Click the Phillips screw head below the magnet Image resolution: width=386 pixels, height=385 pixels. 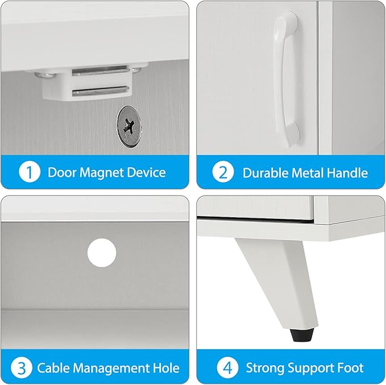[128, 127]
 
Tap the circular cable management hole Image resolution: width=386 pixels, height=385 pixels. [102, 252]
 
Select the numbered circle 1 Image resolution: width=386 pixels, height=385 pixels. [30, 172]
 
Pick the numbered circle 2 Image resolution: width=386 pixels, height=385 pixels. [223, 172]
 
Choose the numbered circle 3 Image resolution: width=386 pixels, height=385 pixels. [22, 367]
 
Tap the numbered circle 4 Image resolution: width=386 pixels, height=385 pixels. [227, 367]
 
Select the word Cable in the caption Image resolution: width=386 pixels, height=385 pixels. [53, 368]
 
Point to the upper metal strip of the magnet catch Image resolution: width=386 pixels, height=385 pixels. [99, 71]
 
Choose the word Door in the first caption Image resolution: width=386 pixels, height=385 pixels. [62, 172]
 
